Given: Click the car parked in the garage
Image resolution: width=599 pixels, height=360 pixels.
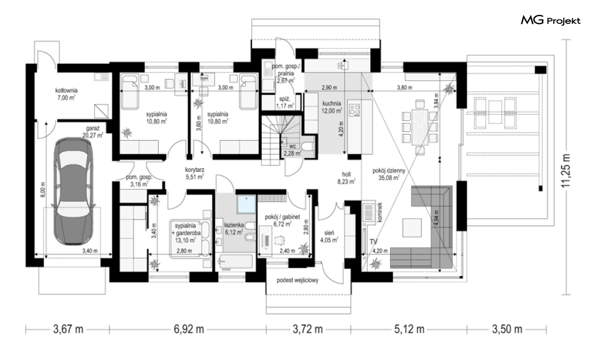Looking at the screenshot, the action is point(74,191).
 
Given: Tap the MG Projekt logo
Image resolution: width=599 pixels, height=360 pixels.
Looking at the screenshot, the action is point(551,21).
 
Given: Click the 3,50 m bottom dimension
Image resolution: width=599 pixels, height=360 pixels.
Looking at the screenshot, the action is point(507,329).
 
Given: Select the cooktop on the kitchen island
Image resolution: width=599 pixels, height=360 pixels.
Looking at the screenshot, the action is point(355,110).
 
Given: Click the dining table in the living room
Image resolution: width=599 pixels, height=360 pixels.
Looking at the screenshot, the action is point(419,127).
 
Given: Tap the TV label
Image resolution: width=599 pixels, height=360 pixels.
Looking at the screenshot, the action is point(373,241).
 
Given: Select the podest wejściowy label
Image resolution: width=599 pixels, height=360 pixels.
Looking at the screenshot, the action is point(298,280).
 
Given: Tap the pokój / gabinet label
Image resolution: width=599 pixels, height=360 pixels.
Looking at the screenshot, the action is point(282,217).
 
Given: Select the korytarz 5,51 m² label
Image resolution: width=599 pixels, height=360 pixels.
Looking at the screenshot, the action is point(195,173).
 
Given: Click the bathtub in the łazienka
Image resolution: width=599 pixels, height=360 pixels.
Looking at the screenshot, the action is point(236,263).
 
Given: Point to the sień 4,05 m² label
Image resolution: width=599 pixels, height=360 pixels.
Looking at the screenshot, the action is point(329,236).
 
